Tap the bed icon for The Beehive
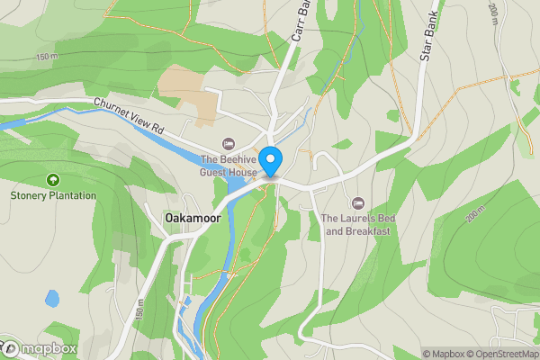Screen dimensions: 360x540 click(x=229, y=144)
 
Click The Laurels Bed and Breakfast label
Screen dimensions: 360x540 click(x=358, y=224)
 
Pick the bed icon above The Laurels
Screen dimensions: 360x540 click(x=358, y=202)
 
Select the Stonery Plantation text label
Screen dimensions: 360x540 click(x=52, y=194)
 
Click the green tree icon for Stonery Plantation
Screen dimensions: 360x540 click(x=52, y=179)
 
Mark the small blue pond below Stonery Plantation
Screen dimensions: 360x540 click(x=52, y=297)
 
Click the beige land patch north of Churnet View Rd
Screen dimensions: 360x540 click(x=187, y=92)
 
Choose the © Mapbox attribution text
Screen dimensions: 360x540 click(x=444, y=354)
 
